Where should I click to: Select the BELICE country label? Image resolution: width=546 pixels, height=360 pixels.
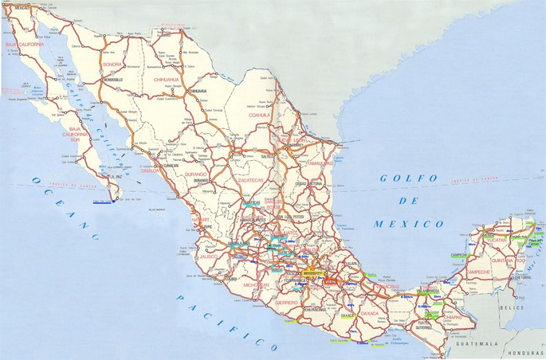click(x=518, y=306)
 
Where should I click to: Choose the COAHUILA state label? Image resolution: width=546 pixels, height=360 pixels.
click(x=260, y=115)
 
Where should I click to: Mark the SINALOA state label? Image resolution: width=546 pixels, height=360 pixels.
click(x=148, y=170)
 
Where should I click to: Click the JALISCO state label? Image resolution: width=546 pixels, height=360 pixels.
click(x=210, y=258)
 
